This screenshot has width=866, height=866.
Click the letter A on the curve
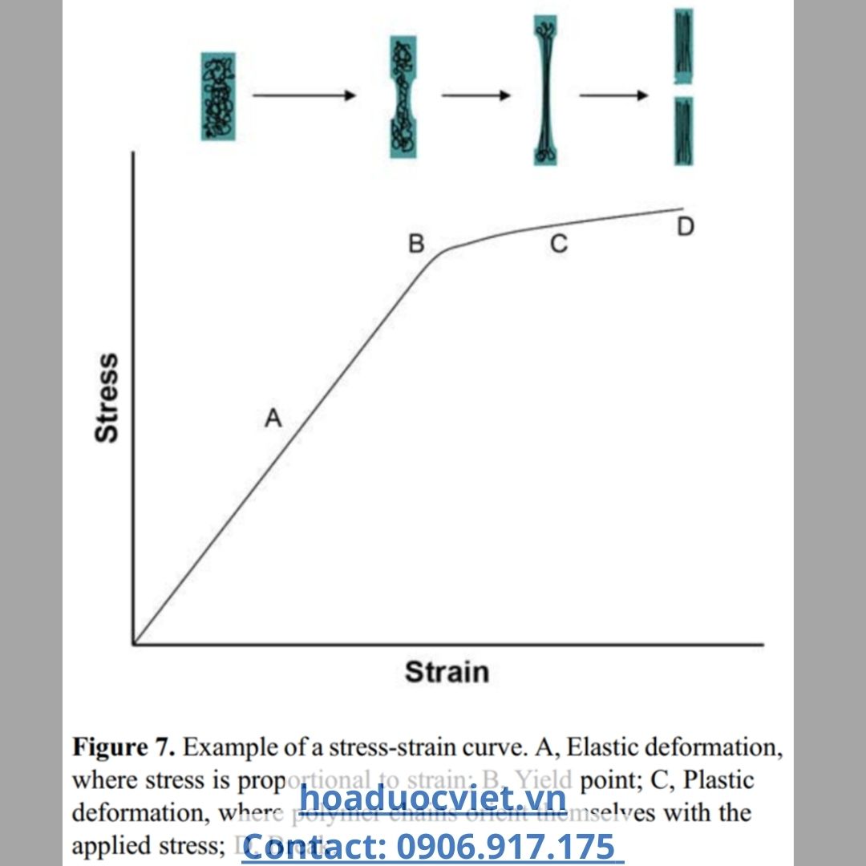pyautogui.click(x=274, y=418)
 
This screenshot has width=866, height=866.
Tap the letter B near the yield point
pyautogui.click(x=416, y=243)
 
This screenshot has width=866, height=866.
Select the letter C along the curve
pyautogui.click(x=559, y=245)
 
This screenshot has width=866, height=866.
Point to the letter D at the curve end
pyautogui.click(x=685, y=227)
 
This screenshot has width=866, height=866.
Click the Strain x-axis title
pyautogui.click(x=447, y=672)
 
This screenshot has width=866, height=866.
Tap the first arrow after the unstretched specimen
pyautogui.click(x=304, y=95)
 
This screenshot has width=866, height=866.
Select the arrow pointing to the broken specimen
pyautogui.click(x=613, y=96)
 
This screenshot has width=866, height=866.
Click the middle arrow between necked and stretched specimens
pyautogui.click(x=475, y=95)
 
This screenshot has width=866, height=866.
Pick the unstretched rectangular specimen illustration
pyautogui.click(x=218, y=96)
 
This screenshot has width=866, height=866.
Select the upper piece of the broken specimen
pyautogui.click(x=684, y=46)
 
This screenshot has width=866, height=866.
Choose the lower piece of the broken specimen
pyautogui.click(x=684, y=131)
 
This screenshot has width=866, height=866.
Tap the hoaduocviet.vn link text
pyautogui.click(x=433, y=799)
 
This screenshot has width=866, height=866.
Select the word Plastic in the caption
pyautogui.click(x=719, y=780)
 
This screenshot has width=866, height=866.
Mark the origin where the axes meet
pyautogui.click(x=134, y=643)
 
